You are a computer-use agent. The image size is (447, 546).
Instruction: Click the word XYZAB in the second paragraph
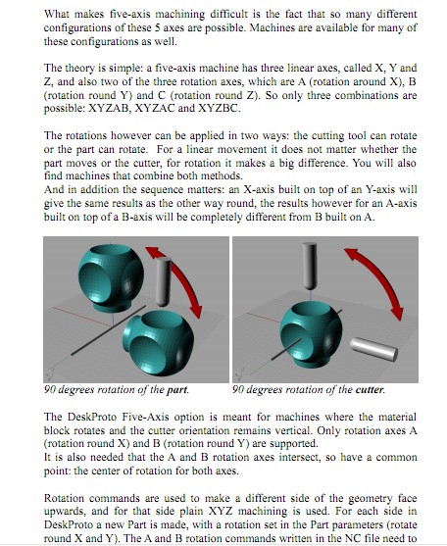[x=110, y=108]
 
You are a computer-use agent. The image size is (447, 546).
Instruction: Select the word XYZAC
[x=154, y=108]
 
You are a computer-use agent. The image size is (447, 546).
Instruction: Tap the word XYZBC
[x=219, y=108]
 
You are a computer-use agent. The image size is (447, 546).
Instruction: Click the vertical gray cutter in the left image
[x=163, y=281]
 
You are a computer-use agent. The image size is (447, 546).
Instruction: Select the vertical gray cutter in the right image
[x=310, y=266]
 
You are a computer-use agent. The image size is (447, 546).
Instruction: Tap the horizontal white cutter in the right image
[x=373, y=349]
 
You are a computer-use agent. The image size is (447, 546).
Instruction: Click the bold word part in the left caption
[x=177, y=390]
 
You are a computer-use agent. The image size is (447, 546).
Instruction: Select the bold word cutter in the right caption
[x=370, y=389]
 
